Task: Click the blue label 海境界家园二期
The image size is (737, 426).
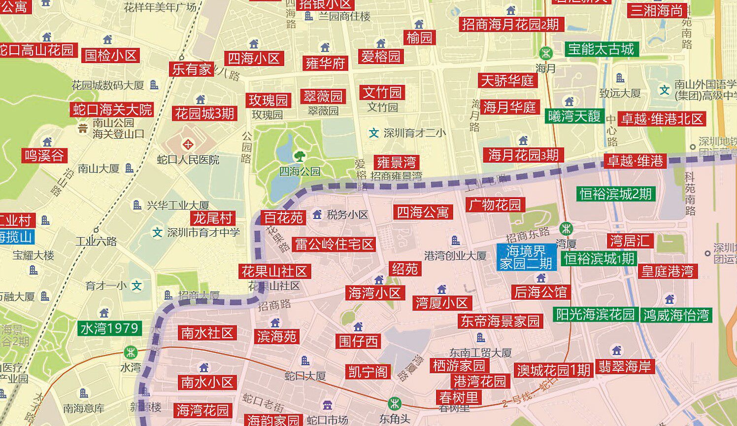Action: click(526, 257)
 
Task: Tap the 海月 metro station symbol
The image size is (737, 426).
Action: click(545, 52)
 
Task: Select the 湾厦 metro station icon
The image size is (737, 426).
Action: click(566, 228)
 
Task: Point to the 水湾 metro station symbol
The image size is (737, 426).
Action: click(131, 353)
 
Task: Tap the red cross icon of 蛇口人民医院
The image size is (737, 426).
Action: click(188, 145)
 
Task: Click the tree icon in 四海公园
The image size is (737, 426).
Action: click(299, 156)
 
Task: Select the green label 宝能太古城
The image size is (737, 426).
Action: click(601, 49)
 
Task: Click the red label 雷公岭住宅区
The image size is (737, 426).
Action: click(334, 244)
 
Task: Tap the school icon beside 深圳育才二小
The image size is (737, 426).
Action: click(374, 133)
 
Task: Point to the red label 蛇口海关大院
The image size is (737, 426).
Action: click(113, 109)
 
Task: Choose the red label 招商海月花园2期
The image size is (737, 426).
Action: click(510, 24)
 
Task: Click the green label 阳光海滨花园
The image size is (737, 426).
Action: click(595, 315)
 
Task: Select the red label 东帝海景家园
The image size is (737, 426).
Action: click(500, 321)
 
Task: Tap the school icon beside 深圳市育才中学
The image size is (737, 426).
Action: click(157, 232)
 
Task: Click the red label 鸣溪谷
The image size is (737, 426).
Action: click(45, 156)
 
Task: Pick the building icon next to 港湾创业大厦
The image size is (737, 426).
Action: click(456, 241)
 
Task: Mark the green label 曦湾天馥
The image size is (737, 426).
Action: click(574, 116)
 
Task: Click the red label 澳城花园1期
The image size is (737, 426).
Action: click(553, 370)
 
